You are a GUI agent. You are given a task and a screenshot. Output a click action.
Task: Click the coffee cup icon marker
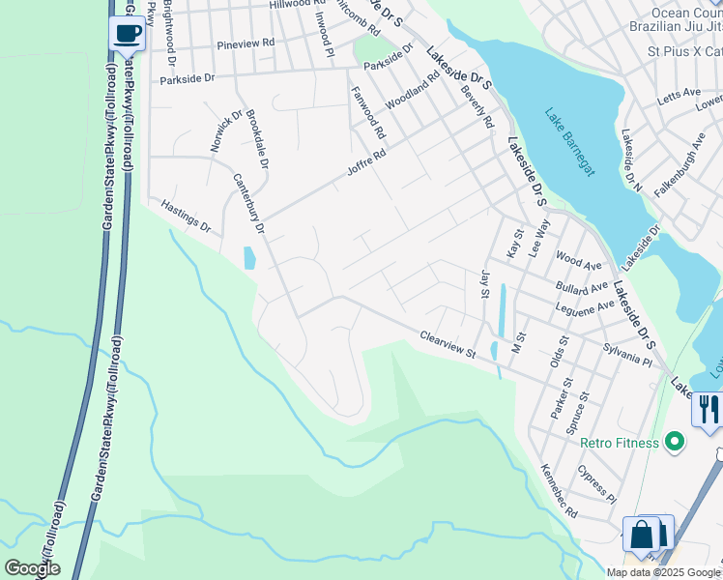(128, 34)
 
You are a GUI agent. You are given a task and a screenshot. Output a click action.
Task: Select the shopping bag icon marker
(642, 534)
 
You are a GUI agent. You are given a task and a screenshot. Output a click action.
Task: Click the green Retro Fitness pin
(675, 443)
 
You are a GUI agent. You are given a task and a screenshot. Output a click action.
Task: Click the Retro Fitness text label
(619, 443)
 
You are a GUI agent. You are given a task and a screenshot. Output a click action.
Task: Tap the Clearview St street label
(448, 344)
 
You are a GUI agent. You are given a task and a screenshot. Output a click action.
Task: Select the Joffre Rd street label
(366, 166)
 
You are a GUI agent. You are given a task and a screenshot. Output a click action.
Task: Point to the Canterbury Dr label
(248, 203)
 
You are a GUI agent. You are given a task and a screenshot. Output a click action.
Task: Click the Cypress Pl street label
(595, 483)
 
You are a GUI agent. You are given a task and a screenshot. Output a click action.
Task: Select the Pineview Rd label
(246, 44)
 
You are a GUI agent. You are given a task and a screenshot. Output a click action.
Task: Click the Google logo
(32, 568)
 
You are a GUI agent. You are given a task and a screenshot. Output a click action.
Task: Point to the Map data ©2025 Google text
(663, 572)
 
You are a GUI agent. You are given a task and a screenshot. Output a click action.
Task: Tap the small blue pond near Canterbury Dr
(249, 257)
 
